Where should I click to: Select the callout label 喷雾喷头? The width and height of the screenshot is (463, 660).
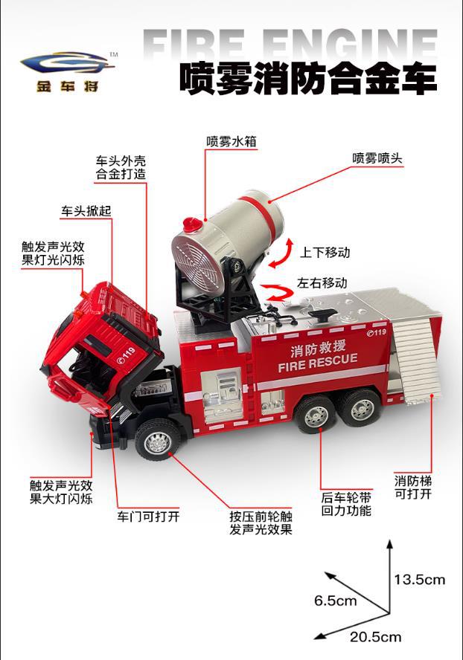(377, 158)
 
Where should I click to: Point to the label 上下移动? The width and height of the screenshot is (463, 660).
(325, 252)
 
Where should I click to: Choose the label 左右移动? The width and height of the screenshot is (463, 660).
(322, 283)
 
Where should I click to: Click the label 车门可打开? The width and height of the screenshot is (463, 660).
(148, 516)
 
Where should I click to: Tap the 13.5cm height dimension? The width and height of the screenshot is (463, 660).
(419, 579)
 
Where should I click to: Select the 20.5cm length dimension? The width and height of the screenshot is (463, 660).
(376, 636)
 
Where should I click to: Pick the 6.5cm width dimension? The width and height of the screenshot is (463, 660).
(336, 600)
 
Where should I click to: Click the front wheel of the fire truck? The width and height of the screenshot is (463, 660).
(158, 440)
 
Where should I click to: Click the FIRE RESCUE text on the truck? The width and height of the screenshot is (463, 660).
(317, 363)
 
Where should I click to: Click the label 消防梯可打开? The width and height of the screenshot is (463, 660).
(413, 487)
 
